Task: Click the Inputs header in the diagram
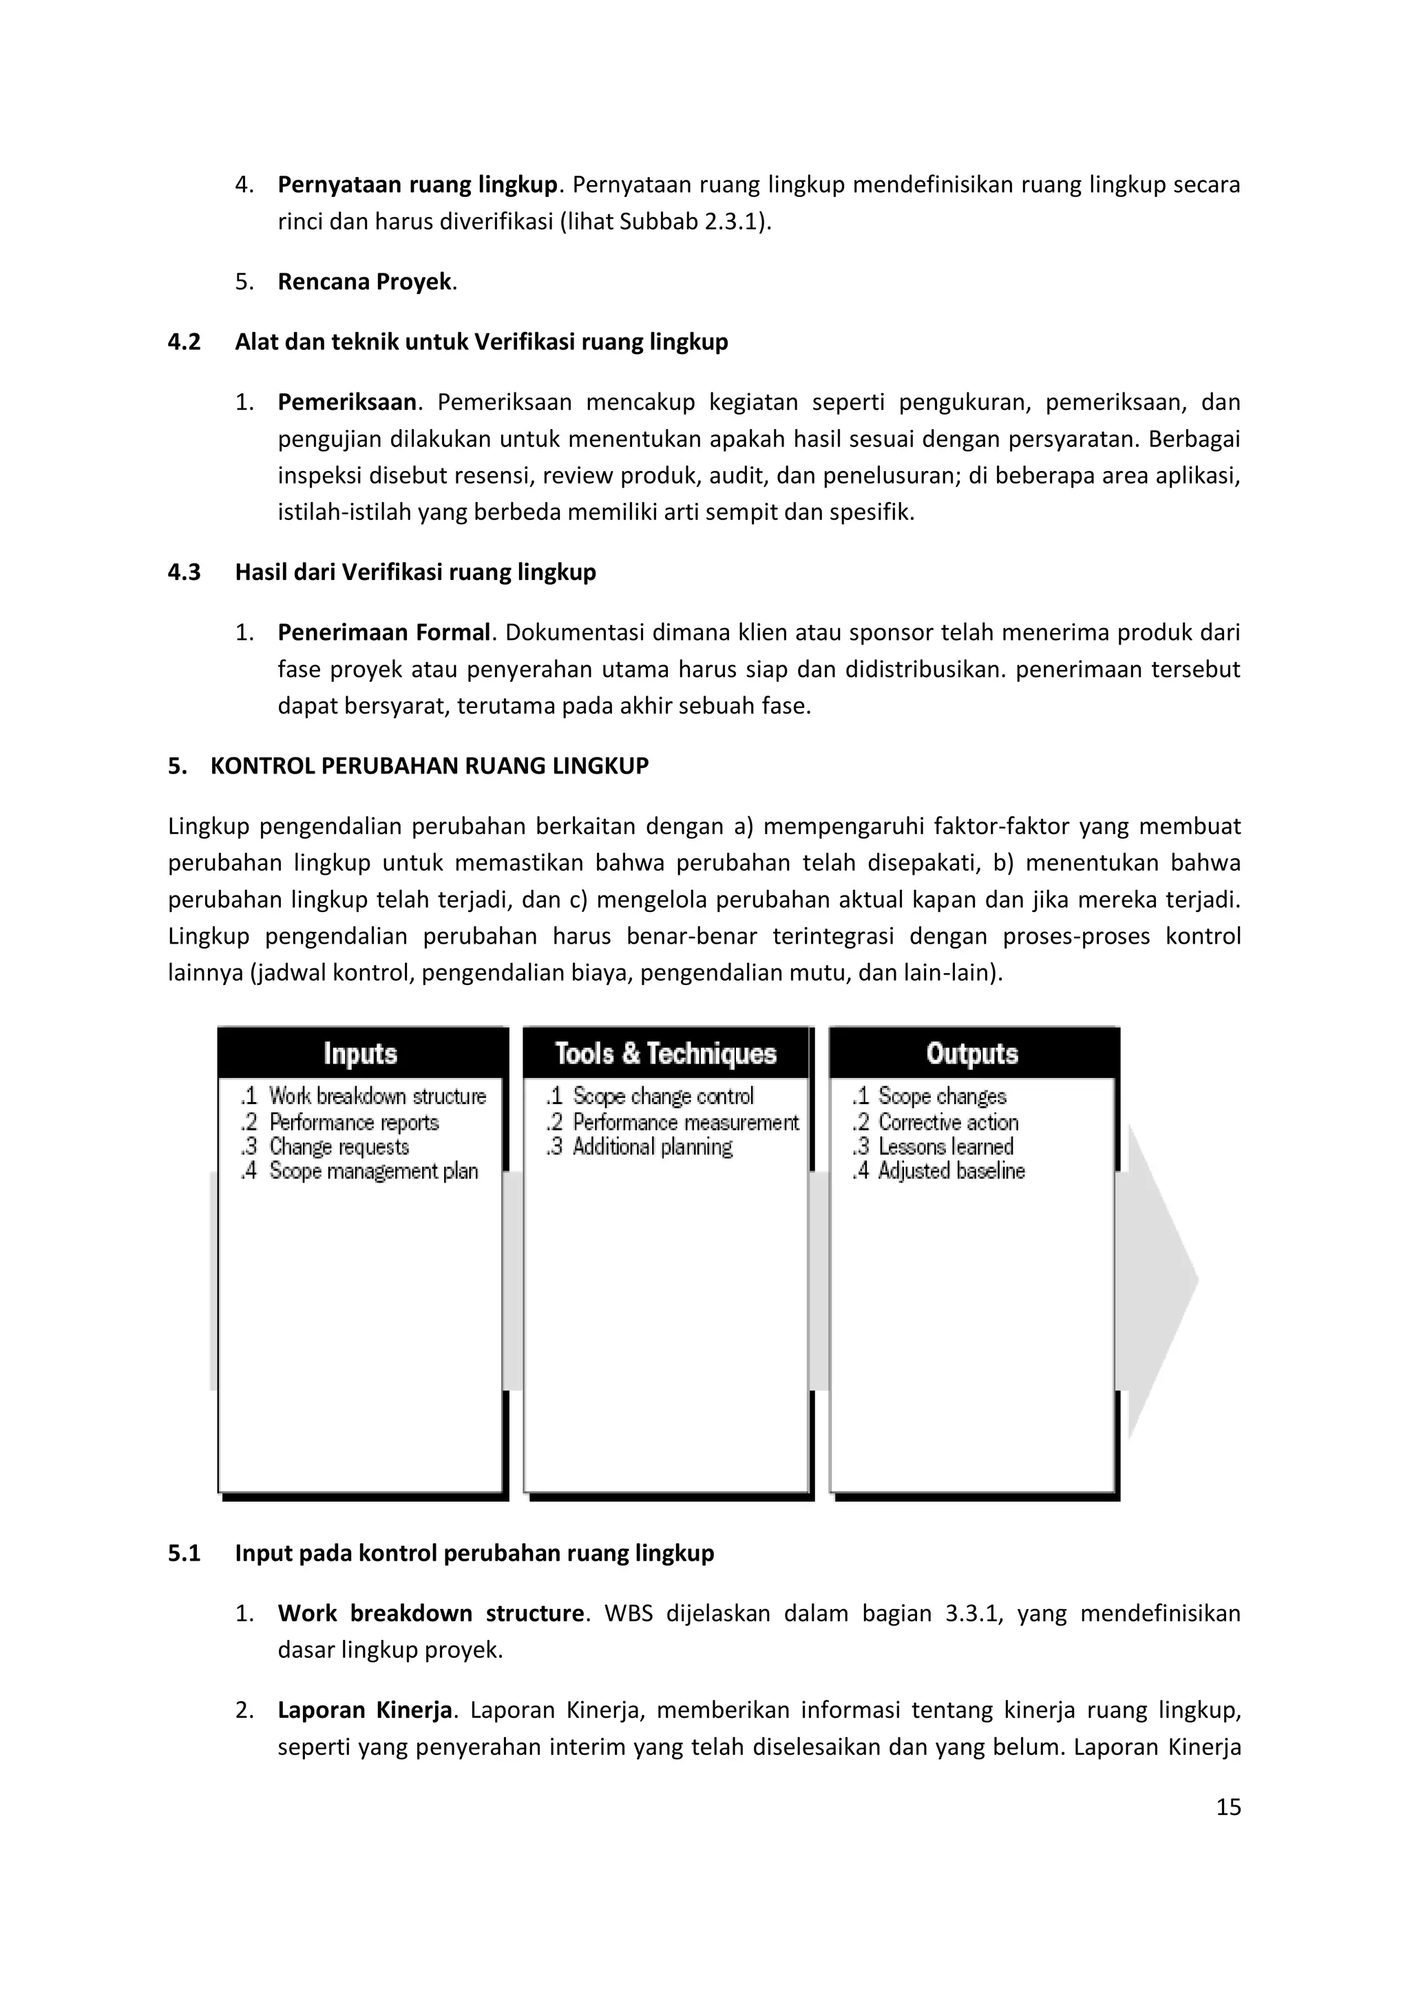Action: coord(360,1053)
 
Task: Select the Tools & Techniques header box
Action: coord(666,1053)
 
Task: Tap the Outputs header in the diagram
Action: coord(971,1053)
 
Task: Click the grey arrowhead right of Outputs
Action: coord(1159,1281)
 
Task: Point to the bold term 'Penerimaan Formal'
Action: coord(383,632)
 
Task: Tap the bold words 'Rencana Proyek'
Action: coord(365,282)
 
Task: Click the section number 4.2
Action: coord(184,342)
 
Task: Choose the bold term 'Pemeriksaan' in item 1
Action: coord(346,402)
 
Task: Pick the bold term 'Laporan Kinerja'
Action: coord(365,1710)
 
